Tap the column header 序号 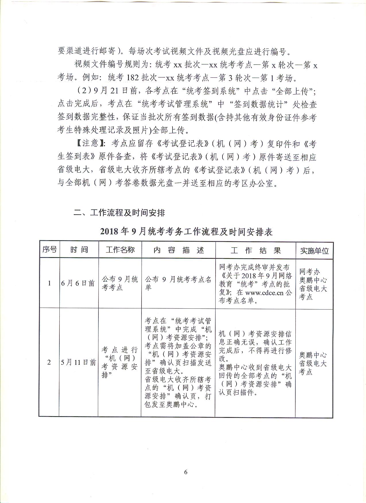(x=49, y=250)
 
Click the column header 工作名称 (x=120, y=250)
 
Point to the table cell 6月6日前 (x=78, y=283)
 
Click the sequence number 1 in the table (x=49, y=283)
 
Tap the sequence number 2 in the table (x=49, y=362)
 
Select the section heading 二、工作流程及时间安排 (x=119, y=213)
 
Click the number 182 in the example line (x=132, y=78)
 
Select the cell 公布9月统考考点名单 (x=178, y=283)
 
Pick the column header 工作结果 (x=255, y=250)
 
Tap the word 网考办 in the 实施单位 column (x=310, y=272)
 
